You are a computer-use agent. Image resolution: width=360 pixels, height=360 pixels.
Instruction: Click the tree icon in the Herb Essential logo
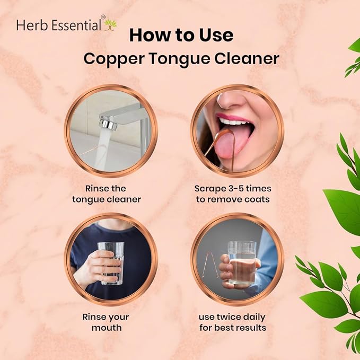pos(110,25)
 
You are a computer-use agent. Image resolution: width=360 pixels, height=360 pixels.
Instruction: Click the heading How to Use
pos(181,35)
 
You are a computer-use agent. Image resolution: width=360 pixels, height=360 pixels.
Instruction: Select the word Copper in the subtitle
pos(114,59)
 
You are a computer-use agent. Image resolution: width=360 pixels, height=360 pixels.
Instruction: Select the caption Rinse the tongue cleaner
pos(107,194)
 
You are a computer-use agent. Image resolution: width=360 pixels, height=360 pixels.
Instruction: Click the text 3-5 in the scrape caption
pos(232,189)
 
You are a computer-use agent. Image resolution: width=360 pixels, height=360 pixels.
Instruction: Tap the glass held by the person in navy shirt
pos(111,263)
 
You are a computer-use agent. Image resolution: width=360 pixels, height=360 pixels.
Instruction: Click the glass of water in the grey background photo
pos(242,262)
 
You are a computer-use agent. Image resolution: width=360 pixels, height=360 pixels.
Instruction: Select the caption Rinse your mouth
pos(106,322)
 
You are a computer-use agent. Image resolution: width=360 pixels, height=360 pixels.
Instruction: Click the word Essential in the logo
pos(76,25)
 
